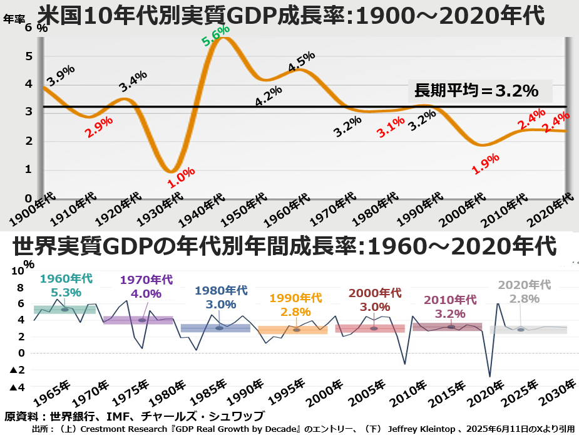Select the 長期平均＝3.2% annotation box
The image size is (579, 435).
coord(477,91)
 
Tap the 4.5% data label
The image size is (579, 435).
coord(301,63)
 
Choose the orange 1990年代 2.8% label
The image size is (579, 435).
coord(295,304)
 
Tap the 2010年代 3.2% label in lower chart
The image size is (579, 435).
coord(450,307)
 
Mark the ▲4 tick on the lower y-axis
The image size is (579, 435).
coord(18,387)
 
